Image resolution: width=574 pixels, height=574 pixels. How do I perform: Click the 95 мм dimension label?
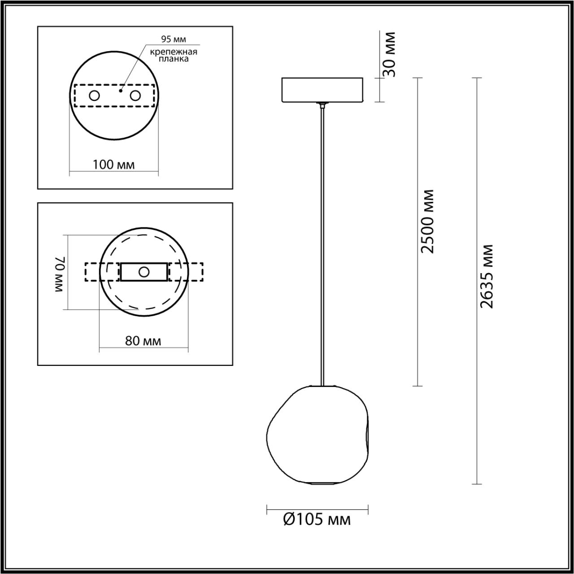click(174, 39)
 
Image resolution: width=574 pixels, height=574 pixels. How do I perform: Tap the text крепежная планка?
click(174, 55)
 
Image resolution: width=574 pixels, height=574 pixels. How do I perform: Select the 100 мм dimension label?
click(113, 165)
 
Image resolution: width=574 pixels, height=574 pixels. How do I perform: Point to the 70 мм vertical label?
click(61, 274)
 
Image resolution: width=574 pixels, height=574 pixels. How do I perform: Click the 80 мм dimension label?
click(143, 341)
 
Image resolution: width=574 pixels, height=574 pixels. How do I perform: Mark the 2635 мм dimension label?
click(487, 276)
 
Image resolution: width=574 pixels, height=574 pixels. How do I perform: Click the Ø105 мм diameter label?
click(317, 520)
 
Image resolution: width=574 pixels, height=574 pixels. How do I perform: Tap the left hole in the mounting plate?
click(94, 96)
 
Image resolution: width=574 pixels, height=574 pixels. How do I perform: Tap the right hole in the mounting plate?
click(135, 96)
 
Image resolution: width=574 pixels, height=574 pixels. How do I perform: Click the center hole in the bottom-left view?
click(144, 272)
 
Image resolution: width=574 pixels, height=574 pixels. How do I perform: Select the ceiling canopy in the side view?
click(322, 90)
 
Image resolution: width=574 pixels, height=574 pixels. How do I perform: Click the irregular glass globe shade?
click(317, 435)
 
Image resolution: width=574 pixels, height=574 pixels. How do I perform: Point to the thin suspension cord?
click(322, 247)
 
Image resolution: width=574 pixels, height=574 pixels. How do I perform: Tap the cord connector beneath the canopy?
click(322, 106)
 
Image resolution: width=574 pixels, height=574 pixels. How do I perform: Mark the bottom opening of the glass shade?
click(322, 484)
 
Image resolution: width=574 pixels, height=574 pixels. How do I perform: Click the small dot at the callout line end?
click(121, 91)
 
